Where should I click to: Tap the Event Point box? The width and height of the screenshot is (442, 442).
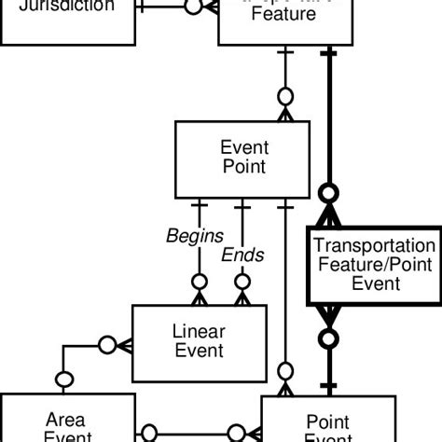tap(242, 158)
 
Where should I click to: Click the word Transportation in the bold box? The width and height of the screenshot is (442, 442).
tap(375, 246)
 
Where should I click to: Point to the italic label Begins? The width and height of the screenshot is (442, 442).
tap(195, 236)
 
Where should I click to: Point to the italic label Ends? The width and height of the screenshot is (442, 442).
tap(242, 255)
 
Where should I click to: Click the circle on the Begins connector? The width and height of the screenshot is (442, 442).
tap(199, 282)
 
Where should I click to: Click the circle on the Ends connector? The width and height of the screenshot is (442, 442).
tap(242, 282)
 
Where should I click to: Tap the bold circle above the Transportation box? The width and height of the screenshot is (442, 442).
tap(328, 194)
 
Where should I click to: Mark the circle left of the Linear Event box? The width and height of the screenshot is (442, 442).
tap(107, 345)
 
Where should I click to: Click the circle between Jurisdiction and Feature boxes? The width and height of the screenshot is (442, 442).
tap(192, 7)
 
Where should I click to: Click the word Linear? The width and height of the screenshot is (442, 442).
tap(199, 331)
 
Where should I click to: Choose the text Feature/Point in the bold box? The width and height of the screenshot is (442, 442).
tap(375, 265)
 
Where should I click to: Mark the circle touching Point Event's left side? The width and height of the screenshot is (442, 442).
tap(237, 433)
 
